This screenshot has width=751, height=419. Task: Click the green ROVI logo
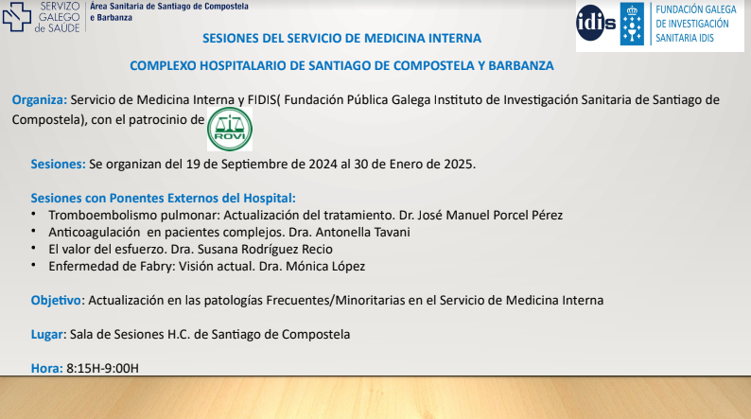230,129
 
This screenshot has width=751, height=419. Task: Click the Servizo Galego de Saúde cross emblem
16,17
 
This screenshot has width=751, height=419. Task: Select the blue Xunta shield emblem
632,24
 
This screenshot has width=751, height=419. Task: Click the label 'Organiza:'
40,100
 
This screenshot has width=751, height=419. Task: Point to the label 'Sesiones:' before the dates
58,165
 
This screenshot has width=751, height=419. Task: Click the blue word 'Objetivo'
56,301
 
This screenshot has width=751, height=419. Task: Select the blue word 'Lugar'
47,335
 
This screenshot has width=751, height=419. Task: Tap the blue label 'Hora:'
47,368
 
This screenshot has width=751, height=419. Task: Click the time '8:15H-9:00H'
102,368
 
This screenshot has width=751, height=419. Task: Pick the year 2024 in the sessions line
323,165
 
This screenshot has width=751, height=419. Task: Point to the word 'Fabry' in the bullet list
158,267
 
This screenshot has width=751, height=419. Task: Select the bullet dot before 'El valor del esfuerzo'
33,248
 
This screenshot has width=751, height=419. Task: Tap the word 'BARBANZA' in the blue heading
520,65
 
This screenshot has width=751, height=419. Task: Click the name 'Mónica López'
325,267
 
